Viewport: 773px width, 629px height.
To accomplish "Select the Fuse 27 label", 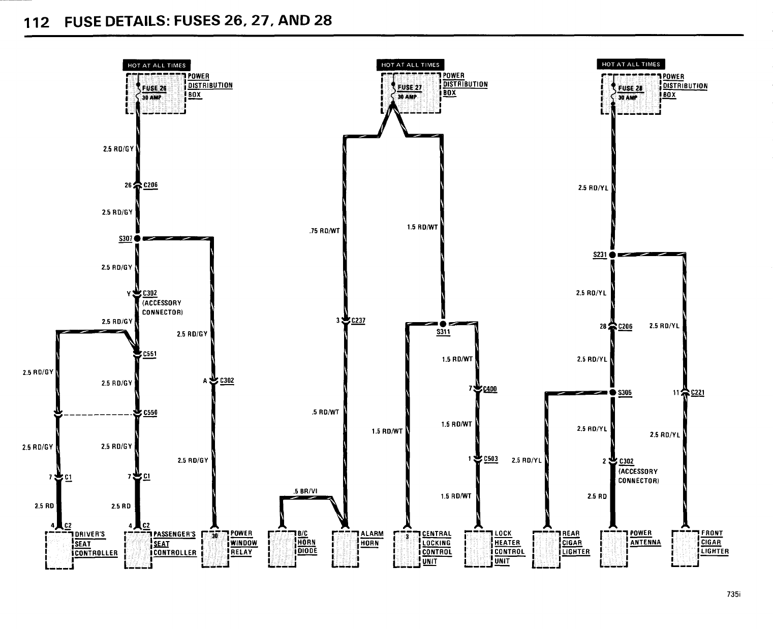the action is click(x=410, y=87).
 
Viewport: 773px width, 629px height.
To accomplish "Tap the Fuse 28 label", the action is click(x=631, y=88).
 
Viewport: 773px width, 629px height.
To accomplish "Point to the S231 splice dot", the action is click(x=612, y=254).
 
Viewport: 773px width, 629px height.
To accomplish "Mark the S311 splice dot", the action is click(x=443, y=324).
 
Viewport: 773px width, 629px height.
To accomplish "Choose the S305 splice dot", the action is click(x=612, y=392).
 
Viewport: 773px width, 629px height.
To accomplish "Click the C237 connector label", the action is click(x=358, y=321).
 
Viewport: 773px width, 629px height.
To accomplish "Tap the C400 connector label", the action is click(x=490, y=389).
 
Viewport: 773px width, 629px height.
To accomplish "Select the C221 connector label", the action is click(x=697, y=392).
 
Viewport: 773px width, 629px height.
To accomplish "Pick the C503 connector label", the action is click(x=491, y=458).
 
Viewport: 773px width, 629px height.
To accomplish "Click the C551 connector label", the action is click(x=149, y=354).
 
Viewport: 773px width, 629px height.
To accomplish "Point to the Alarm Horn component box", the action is click(x=345, y=549).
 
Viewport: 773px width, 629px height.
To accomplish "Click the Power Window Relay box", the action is click(x=215, y=549).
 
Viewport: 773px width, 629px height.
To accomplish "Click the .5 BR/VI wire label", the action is click(x=305, y=491).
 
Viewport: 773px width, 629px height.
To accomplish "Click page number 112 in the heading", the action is click(x=37, y=22).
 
